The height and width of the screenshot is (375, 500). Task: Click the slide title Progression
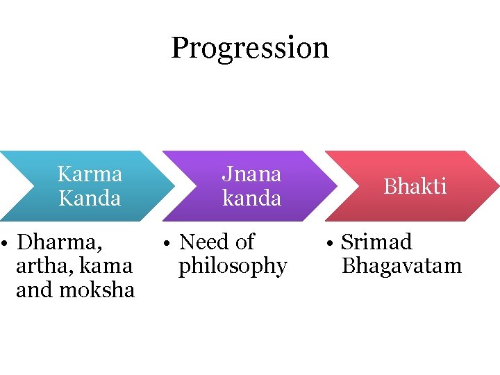tap(250, 48)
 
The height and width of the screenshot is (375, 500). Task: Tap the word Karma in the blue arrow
tap(90, 173)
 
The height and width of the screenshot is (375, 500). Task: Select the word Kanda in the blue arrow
tap(90, 198)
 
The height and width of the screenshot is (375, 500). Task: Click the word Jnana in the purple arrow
tap(251, 173)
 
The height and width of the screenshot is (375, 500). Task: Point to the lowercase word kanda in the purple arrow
tap(251, 198)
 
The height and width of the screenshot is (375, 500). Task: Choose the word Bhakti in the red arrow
tap(415, 186)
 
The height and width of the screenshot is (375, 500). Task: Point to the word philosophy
tap(233, 266)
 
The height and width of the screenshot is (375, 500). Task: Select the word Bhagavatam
tap(402, 266)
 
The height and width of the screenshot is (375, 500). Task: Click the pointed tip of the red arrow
tap(497, 186)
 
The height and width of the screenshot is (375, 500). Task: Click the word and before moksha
tap(32, 290)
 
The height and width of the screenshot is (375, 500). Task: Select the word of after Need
tap(245, 242)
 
